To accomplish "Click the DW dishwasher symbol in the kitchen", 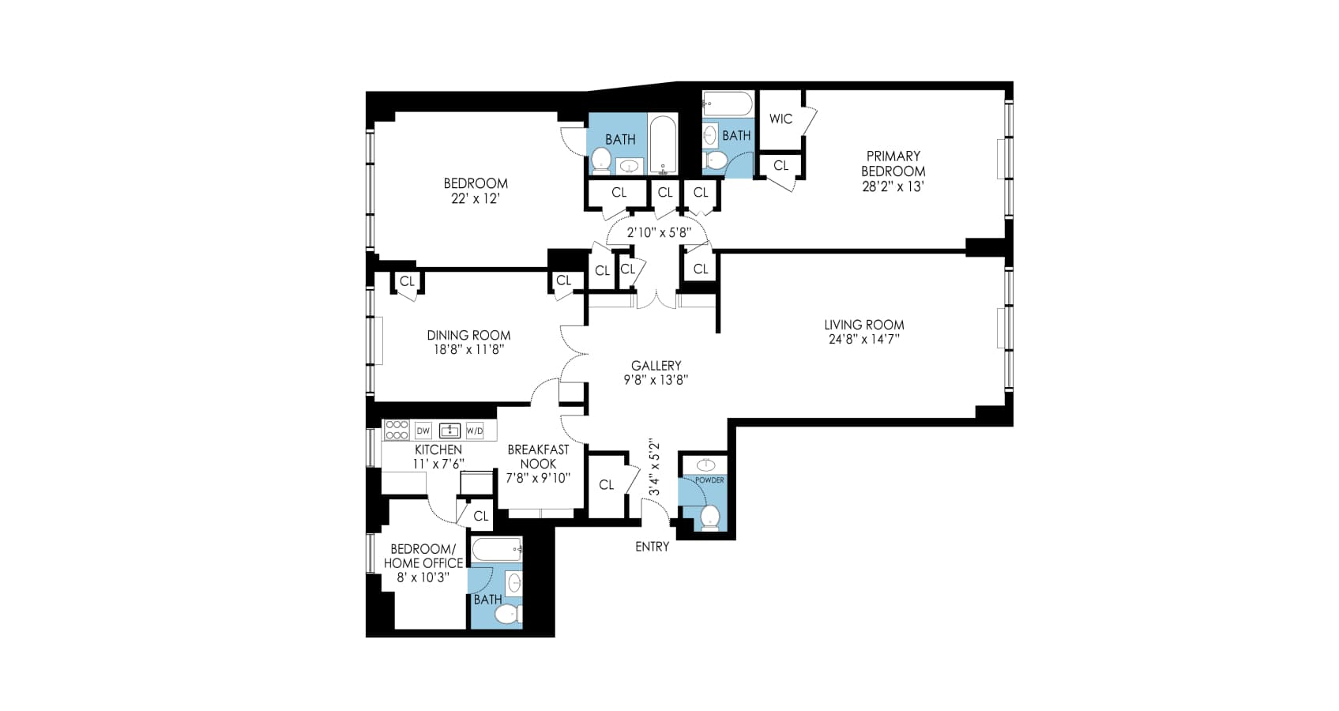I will pos(423,431).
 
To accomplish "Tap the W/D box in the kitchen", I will pos(474,431).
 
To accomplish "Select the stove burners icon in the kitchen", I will pos(397,431).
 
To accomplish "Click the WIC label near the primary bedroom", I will pos(780,118).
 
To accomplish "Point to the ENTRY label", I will pos(652,547).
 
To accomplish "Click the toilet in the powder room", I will pos(710,517).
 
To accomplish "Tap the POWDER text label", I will pos(709,480).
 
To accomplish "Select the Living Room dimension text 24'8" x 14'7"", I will pos(863,340).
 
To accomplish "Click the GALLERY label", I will pos(656,366).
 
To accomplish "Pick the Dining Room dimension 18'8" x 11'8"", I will pos(468,350).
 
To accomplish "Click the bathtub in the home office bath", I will pos(496,548).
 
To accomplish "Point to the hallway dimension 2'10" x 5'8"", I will pos(659,233).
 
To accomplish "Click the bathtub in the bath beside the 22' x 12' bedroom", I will pos(663,145).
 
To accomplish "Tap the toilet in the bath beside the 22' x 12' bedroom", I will pos(601,160).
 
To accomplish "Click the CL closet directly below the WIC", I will pos(780,166).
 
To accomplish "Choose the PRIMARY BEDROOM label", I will pos(893,164).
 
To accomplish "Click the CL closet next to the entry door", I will pos(606,485).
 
